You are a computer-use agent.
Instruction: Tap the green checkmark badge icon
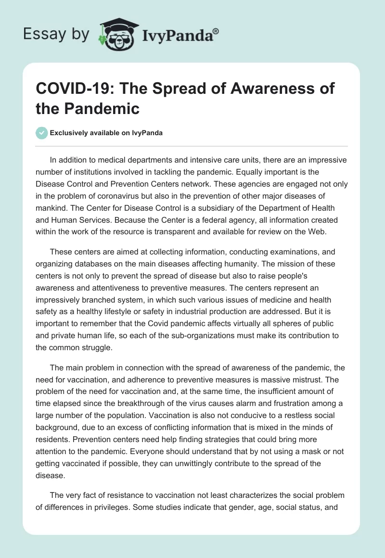[x=41, y=133]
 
